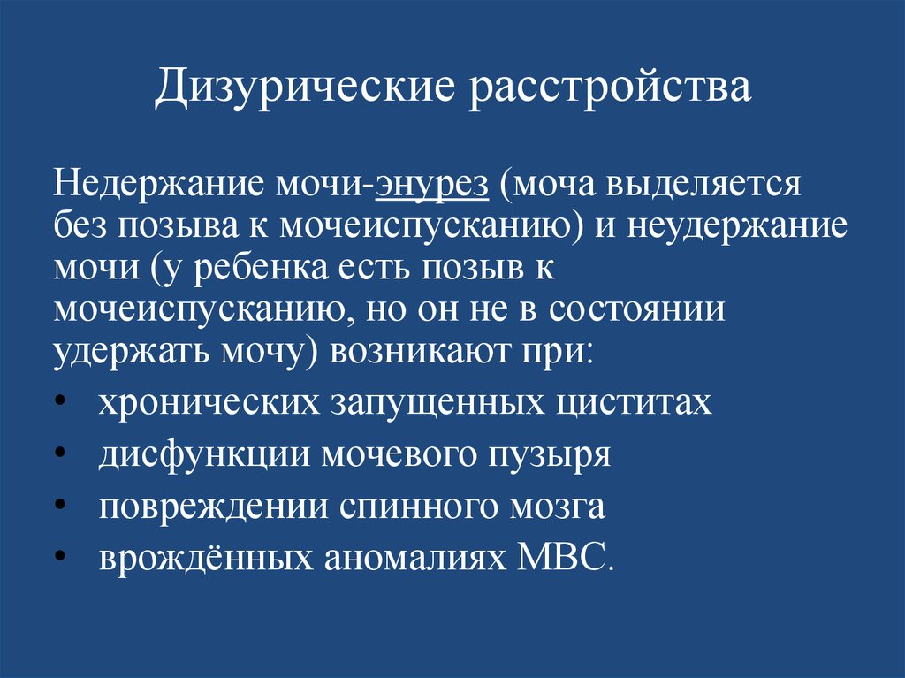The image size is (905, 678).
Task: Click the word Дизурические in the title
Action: pyautogui.click(x=305, y=88)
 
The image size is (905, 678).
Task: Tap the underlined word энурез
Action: pyautogui.click(x=432, y=185)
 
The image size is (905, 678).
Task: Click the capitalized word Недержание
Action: pyautogui.click(x=159, y=184)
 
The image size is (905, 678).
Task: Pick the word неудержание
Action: pyautogui.click(x=738, y=226)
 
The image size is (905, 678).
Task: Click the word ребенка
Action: pyautogui.click(x=261, y=267)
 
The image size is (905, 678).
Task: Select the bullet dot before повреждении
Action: pyautogui.click(x=60, y=504)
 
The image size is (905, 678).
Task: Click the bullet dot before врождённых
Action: pyautogui.click(x=60, y=555)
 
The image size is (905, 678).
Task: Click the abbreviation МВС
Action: pyautogui.click(x=564, y=556)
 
